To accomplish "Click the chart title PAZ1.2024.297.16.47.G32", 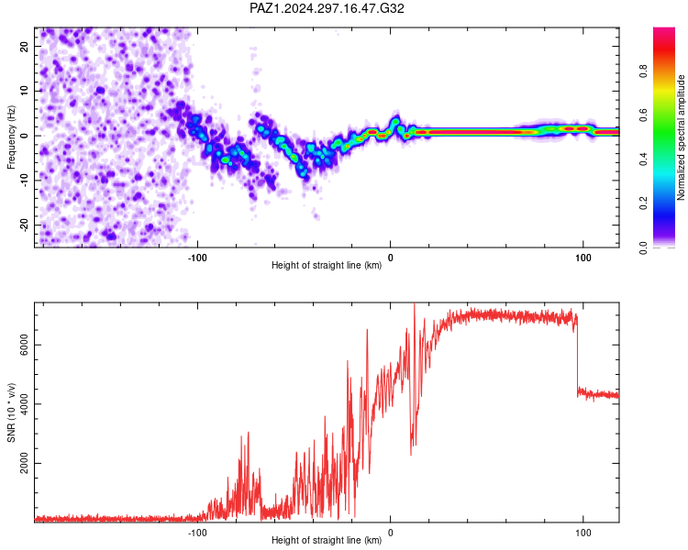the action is point(327,8).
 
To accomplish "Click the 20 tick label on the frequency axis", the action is point(24,47).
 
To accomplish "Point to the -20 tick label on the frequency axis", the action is point(24,225).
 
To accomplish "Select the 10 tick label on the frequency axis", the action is point(24,91).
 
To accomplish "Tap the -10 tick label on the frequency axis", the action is point(24,180).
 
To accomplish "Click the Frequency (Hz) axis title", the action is point(11,137).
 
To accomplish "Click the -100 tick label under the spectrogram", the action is point(197,258).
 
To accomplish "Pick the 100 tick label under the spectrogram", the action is point(583,258).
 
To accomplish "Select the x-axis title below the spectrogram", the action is point(327,265).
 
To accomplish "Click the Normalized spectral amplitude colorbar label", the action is point(681,137).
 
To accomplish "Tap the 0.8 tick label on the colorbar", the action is point(643,71).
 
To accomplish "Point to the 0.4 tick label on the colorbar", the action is point(643,159).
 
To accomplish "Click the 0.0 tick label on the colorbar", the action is point(643,247).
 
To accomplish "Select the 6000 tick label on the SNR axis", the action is point(24,345).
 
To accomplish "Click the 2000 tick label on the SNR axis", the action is point(24,463).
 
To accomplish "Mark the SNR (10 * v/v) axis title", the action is point(11,412).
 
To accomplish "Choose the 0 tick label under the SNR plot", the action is point(390,533).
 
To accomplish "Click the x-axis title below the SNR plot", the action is point(327,540).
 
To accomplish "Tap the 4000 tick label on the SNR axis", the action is point(24,404).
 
